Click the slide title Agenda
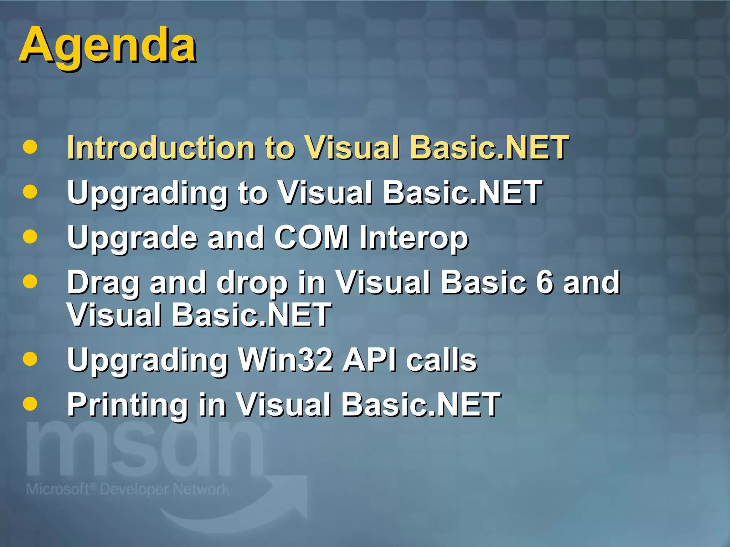coord(107,46)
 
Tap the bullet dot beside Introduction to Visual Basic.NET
coord(30,147)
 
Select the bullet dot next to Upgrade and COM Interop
coord(30,236)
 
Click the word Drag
coord(103,283)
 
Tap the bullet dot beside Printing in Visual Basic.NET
coord(30,404)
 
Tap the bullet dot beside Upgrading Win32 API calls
coord(30,359)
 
